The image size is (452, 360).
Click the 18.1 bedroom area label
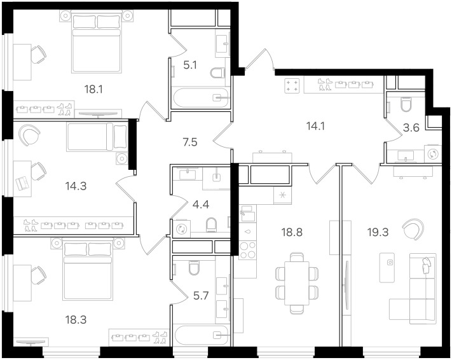[93, 90]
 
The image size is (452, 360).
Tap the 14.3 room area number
[76, 186]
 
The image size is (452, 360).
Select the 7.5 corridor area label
[190, 142]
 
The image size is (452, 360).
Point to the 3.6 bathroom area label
[411, 127]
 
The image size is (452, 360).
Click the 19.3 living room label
[378, 232]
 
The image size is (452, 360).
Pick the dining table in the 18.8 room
[297, 283]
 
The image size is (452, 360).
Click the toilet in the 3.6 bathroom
[406, 104]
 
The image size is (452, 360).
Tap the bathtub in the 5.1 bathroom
[200, 98]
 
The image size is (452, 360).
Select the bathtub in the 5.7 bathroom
[202, 335]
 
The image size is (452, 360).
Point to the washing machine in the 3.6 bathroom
[433, 154]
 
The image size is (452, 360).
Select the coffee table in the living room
[387, 268]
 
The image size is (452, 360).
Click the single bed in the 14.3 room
[97, 137]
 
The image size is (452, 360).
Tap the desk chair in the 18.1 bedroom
[38, 54]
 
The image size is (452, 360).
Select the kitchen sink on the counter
[248, 214]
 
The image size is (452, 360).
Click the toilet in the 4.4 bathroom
[211, 225]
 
